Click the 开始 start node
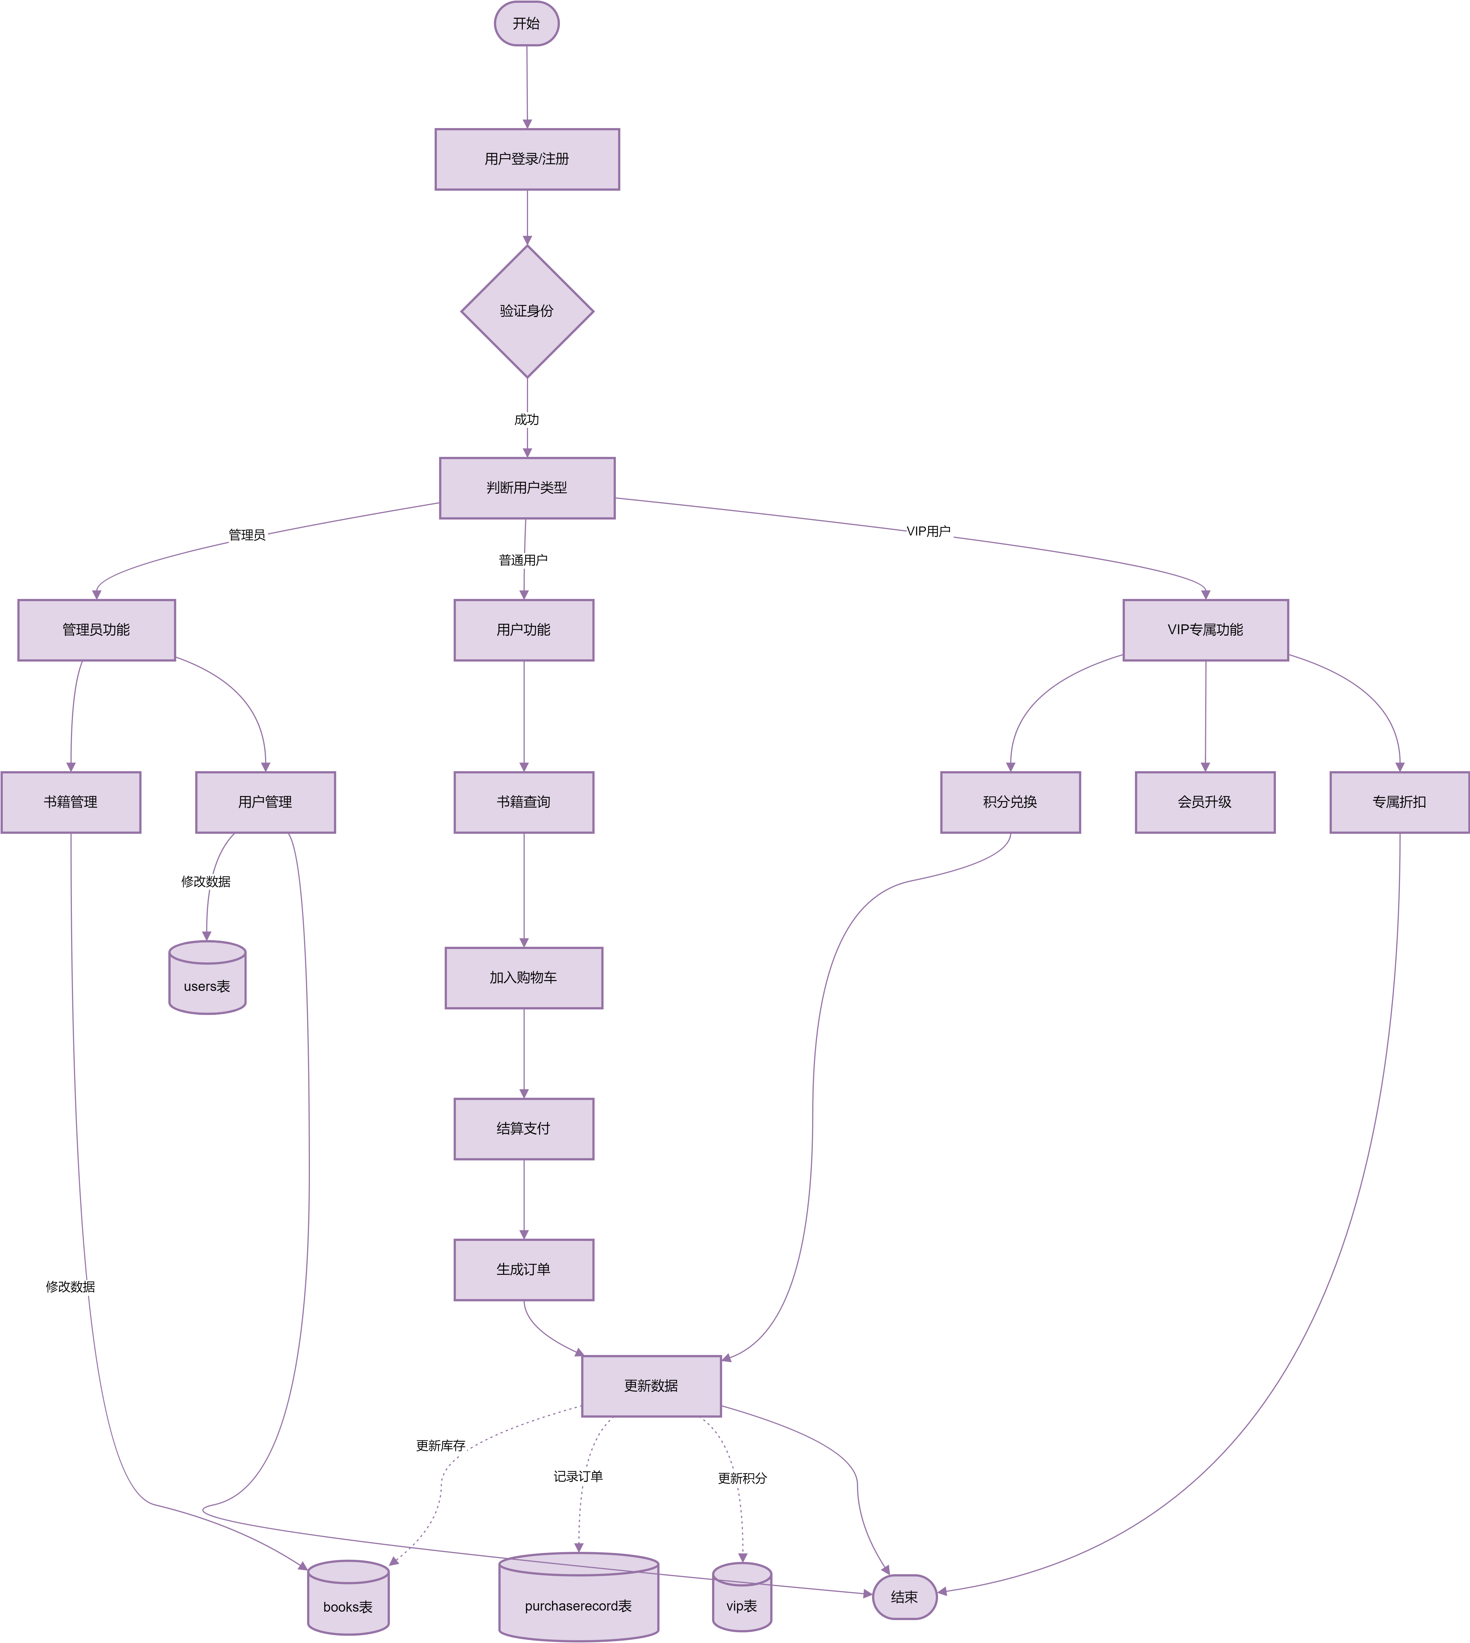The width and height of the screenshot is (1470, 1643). tap(527, 23)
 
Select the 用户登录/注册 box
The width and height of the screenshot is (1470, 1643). tap(527, 159)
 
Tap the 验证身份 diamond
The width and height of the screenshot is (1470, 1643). tap(527, 311)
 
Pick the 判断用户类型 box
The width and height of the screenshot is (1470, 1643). tap(527, 488)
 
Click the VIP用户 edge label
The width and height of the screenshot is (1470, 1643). tap(929, 531)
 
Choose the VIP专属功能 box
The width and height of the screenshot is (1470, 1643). tap(1205, 630)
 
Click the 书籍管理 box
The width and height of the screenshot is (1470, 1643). tap(71, 802)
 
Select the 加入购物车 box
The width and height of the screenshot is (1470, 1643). tap(523, 978)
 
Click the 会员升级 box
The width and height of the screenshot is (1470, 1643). tap(1205, 802)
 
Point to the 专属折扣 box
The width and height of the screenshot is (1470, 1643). tap(1399, 802)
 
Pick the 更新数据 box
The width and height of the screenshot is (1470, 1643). tap(651, 1385)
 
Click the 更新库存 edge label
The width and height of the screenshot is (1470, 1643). tap(440, 1445)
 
